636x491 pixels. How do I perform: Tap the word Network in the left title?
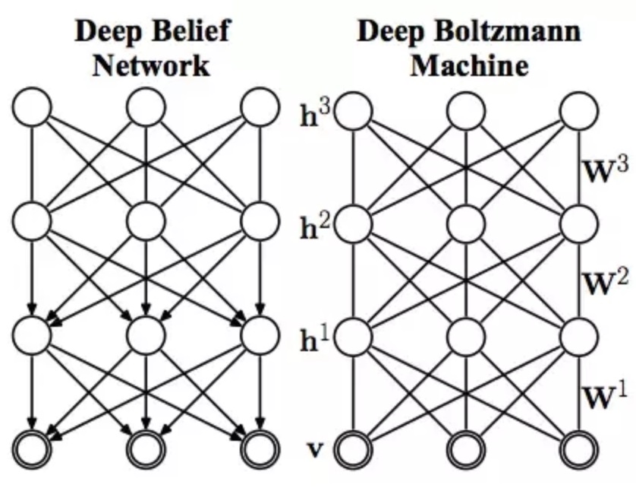[x=150, y=65]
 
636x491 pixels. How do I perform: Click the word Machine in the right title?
[x=469, y=65]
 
